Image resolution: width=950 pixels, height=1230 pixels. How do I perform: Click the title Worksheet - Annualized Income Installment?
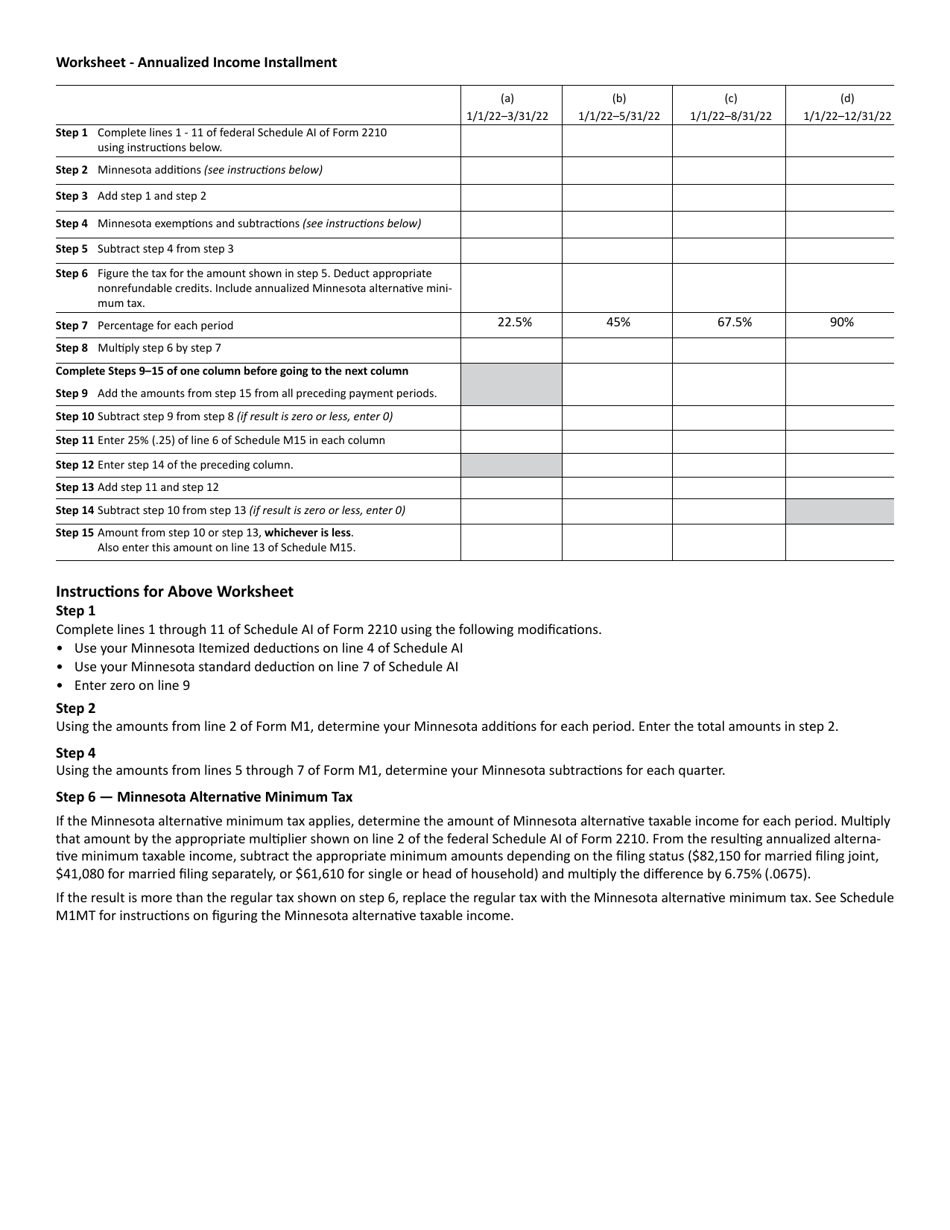[x=196, y=62]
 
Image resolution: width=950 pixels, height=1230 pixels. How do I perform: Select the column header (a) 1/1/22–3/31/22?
[x=507, y=107]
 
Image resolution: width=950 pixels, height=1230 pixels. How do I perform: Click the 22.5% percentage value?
[x=514, y=322]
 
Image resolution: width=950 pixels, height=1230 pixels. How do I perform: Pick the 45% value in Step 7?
[x=618, y=322]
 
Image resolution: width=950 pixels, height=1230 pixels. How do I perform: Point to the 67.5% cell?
[x=734, y=322]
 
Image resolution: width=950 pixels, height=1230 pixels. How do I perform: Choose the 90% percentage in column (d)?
[x=842, y=322]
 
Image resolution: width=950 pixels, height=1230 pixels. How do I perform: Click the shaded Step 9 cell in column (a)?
[x=511, y=384]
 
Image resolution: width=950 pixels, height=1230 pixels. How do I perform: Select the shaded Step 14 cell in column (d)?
[x=839, y=511]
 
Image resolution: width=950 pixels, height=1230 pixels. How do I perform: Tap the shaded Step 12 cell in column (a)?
[x=511, y=465]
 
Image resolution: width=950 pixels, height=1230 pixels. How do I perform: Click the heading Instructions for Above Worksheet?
[x=175, y=591]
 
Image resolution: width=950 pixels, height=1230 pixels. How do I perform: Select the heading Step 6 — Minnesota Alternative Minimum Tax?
[x=204, y=797]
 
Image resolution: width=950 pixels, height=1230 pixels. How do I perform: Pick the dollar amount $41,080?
[x=85, y=873]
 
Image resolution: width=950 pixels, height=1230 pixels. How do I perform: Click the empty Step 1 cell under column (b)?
[x=617, y=140]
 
